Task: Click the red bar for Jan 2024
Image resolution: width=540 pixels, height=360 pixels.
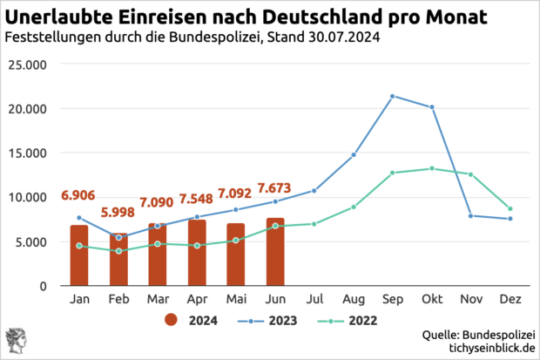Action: pos(79,255)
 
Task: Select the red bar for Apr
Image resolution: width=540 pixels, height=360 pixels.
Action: pos(197,252)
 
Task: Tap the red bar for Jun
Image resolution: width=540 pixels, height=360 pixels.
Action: pos(275,251)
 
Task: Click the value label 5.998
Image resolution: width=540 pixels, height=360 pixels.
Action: pos(118,212)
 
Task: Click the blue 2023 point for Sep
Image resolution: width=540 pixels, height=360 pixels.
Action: pos(393,96)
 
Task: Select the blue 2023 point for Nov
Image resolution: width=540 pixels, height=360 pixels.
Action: pos(471,215)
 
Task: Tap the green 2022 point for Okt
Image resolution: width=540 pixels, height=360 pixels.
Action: pos(432,168)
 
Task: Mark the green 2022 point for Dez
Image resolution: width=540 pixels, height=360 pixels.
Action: pos(510,208)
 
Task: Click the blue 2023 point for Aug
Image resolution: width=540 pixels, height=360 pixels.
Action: pos(354,154)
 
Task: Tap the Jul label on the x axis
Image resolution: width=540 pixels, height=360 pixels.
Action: pos(314,297)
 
